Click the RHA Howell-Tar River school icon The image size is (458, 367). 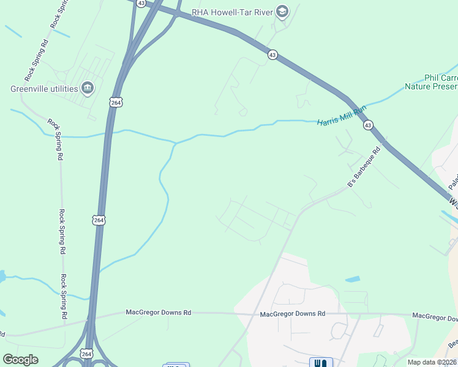coord(282,11)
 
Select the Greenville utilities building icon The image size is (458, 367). coord(88,89)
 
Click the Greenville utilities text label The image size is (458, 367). coord(44,89)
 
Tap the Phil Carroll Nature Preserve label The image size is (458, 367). coord(432,83)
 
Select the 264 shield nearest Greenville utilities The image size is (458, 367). coord(116,102)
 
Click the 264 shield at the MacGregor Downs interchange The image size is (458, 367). coord(86,354)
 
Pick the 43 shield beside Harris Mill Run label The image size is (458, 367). coord(367,125)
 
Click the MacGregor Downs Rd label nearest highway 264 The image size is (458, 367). coord(159,313)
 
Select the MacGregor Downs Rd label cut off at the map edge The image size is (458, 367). coord(435,316)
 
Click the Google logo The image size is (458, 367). coord(20,360)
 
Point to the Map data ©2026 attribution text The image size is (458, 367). coord(432,362)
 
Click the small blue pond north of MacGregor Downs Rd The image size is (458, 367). coord(352,280)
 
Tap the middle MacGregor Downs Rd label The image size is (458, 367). coord(292,314)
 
